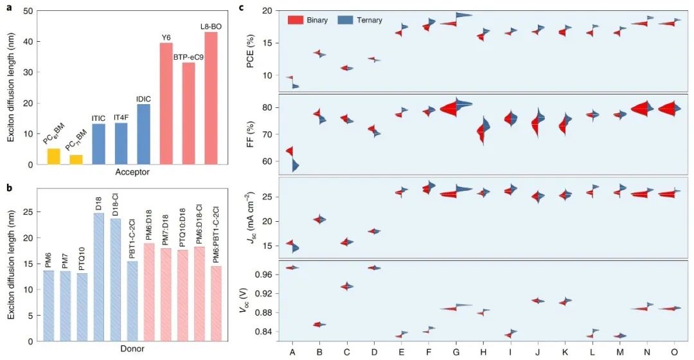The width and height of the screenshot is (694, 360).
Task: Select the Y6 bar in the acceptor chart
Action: [166, 104]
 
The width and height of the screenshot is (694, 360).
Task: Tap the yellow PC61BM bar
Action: [54, 156]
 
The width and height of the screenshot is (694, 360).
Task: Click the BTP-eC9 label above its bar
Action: [189, 57]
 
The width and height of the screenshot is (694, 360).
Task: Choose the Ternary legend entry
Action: [360, 20]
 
